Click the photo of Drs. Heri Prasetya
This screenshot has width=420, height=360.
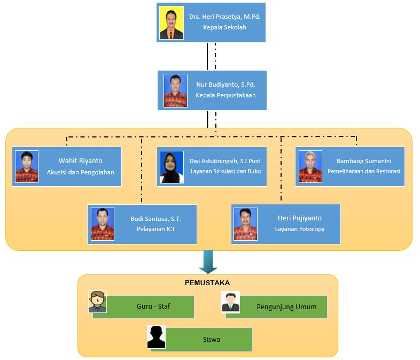pyautogui.click(x=172, y=23)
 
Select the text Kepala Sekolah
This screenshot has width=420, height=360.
pyautogui.click(x=224, y=27)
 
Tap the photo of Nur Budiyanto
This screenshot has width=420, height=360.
pyautogui.click(x=175, y=91)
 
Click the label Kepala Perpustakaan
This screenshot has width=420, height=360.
pyautogui.click(x=225, y=95)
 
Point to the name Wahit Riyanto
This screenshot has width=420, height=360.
pyautogui.click(x=80, y=160)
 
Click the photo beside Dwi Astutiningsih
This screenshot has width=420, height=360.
pyautogui.click(x=172, y=167)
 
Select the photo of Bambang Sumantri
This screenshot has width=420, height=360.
pyautogui.click(x=310, y=167)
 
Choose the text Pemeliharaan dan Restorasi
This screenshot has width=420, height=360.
pyautogui.click(x=363, y=172)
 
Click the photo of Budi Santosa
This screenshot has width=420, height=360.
pyautogui.click(x=102, y=224)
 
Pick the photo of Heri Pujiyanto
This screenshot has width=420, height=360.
pyautogui.click(x=245, y=224)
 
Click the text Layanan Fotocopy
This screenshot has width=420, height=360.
pyautogui.click(x=300, y=229)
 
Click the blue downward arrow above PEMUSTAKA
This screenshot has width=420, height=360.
pyautogui.click(x=208, y=262)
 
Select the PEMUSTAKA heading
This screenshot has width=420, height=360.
pyautogui.click(x=207, y=282)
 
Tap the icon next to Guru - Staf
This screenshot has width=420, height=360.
pyautogui.click(x=97, y=302)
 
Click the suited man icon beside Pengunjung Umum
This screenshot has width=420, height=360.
pyautogui.click(x=230, y=302)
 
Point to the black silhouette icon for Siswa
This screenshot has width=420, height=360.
pyautogui.click(x=156, y=336)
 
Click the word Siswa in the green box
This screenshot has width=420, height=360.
pyautogui.click(x=212, y=339)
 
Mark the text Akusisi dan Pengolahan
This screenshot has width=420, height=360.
pyautogui.click(x=80, y=172)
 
